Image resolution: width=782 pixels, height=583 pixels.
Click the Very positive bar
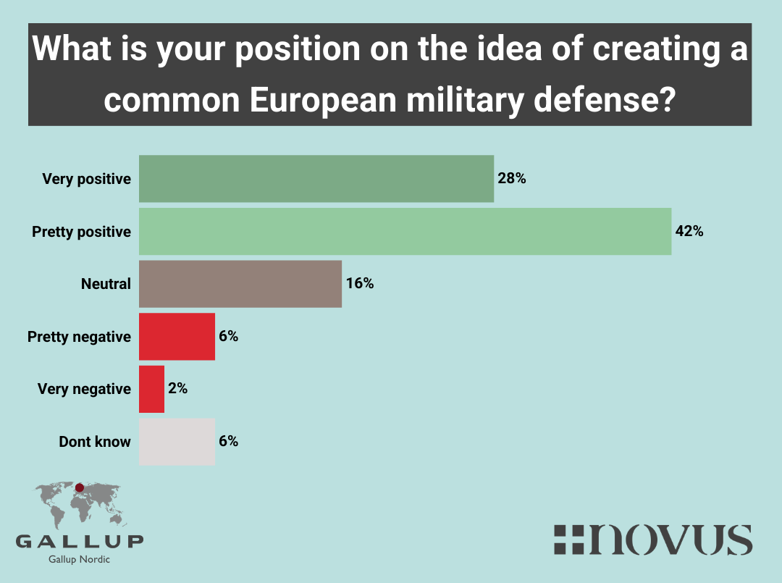316,179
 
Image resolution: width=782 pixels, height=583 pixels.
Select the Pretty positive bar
405,232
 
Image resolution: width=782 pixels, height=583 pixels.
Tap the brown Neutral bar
240,284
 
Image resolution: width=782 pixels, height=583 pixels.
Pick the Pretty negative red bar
177,337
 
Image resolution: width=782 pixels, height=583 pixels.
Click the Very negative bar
151,389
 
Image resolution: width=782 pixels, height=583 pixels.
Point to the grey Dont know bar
177,441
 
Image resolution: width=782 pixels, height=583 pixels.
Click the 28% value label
511,178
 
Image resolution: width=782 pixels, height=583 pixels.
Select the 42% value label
689,232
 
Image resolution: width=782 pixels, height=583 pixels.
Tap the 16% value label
359,284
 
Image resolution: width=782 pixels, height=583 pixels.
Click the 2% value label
177,389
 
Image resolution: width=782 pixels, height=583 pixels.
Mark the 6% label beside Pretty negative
228,337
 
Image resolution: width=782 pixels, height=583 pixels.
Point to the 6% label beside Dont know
228,441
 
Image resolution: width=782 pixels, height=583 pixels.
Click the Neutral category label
106,284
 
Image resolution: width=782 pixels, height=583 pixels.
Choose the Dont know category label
95,441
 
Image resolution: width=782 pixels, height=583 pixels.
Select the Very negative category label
84,389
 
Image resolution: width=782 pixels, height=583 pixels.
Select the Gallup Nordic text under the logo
80,559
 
